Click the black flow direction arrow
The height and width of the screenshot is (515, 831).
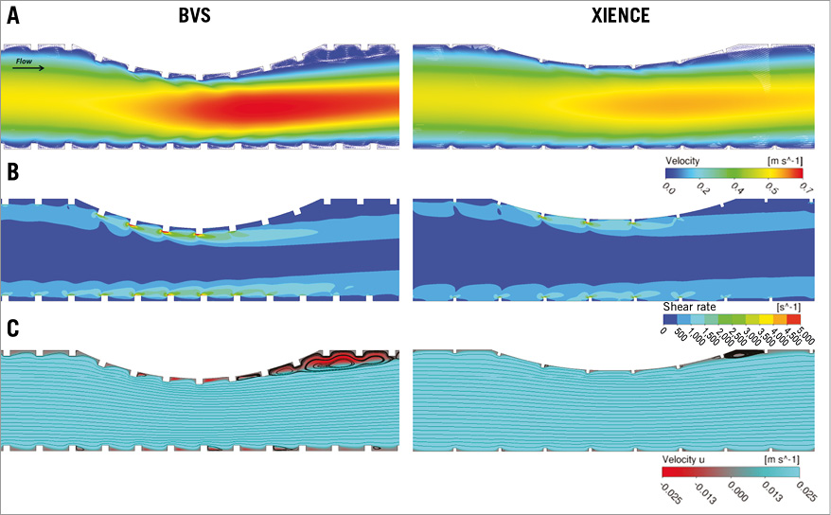(x=29, y=67)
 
